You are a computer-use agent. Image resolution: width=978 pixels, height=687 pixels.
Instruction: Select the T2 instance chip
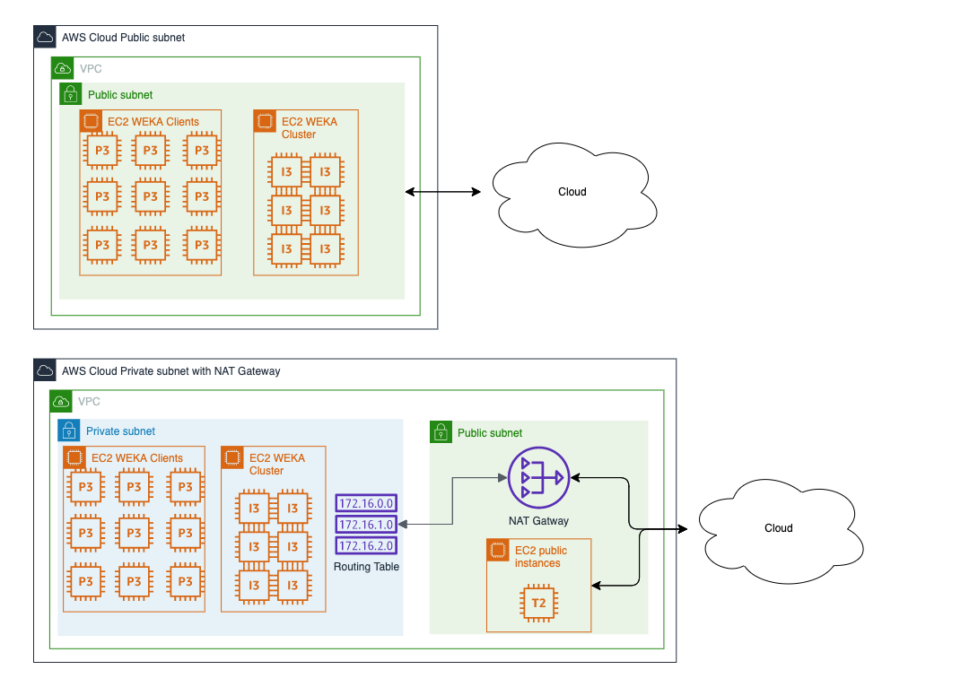coord(538,603)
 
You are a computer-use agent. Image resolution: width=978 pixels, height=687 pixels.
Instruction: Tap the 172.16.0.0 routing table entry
coord(365,504)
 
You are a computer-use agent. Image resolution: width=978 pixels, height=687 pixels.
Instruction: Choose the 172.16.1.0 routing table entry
coord(365,525)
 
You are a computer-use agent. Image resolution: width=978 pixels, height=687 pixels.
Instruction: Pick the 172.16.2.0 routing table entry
coord(365,545)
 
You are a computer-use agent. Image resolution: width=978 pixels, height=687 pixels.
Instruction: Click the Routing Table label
coord(366,567)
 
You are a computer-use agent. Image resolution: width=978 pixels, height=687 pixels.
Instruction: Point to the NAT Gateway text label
coord(538,521)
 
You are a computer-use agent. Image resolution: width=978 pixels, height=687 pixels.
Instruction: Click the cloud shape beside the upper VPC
coord(572,192)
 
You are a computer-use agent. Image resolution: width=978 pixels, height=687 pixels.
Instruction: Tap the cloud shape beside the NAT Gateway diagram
coord(778,528)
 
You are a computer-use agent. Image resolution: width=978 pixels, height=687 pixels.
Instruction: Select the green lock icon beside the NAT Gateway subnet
coord(441,432)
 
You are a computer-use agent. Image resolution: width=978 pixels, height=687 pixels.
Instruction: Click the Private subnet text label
coord(120,431)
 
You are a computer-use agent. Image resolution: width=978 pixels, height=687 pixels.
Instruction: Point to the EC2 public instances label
coord(541,557)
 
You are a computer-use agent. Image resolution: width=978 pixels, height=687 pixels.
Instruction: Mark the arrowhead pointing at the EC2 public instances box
coord(596,586)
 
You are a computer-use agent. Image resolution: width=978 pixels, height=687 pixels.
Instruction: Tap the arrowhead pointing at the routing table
coord(401,524)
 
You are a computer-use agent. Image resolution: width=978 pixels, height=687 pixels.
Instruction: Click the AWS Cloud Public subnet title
coord(123,38)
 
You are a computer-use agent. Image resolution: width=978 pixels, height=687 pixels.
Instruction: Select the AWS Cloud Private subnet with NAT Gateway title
coord(170,370)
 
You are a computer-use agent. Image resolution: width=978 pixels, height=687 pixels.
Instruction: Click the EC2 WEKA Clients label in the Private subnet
coord(136,458)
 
